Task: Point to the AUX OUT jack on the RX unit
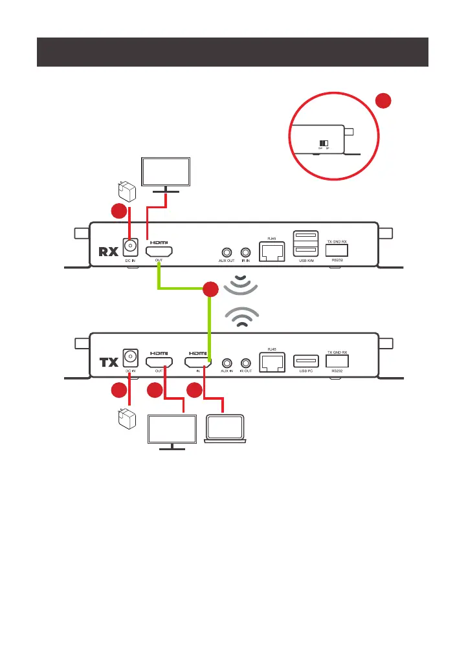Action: (x=227, y=252)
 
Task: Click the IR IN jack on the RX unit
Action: (x=245, y=252)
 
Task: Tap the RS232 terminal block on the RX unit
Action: (x=337, y=250)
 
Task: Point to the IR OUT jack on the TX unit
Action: (x=245, y=364)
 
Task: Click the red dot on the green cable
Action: (x=210, y=290)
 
